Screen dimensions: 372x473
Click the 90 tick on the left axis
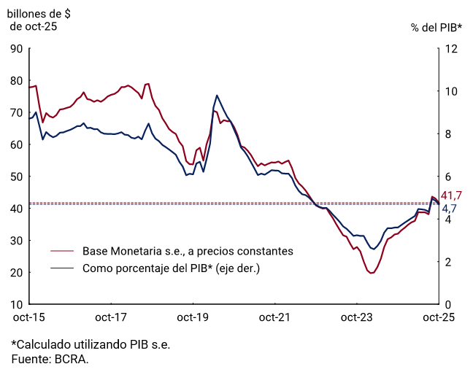16,49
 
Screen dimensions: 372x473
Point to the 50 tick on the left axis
16,177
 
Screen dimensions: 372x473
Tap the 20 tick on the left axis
16,272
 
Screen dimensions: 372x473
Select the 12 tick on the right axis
451,49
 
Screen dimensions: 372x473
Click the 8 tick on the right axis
448,134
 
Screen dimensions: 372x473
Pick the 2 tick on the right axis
448,262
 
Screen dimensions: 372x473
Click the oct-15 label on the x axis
29,318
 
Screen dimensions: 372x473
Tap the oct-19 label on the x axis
193,318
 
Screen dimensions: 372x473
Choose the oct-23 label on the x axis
357,318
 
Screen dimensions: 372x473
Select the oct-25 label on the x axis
439,318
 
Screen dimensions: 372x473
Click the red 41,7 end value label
453,195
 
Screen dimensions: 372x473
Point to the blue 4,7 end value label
449,209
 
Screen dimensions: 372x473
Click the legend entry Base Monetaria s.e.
188,251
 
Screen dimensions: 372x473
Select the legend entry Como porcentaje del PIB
171,268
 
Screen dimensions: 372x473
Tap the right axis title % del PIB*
437,27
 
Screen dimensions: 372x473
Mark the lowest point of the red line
372,273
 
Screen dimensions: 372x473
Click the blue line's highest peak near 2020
217,96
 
